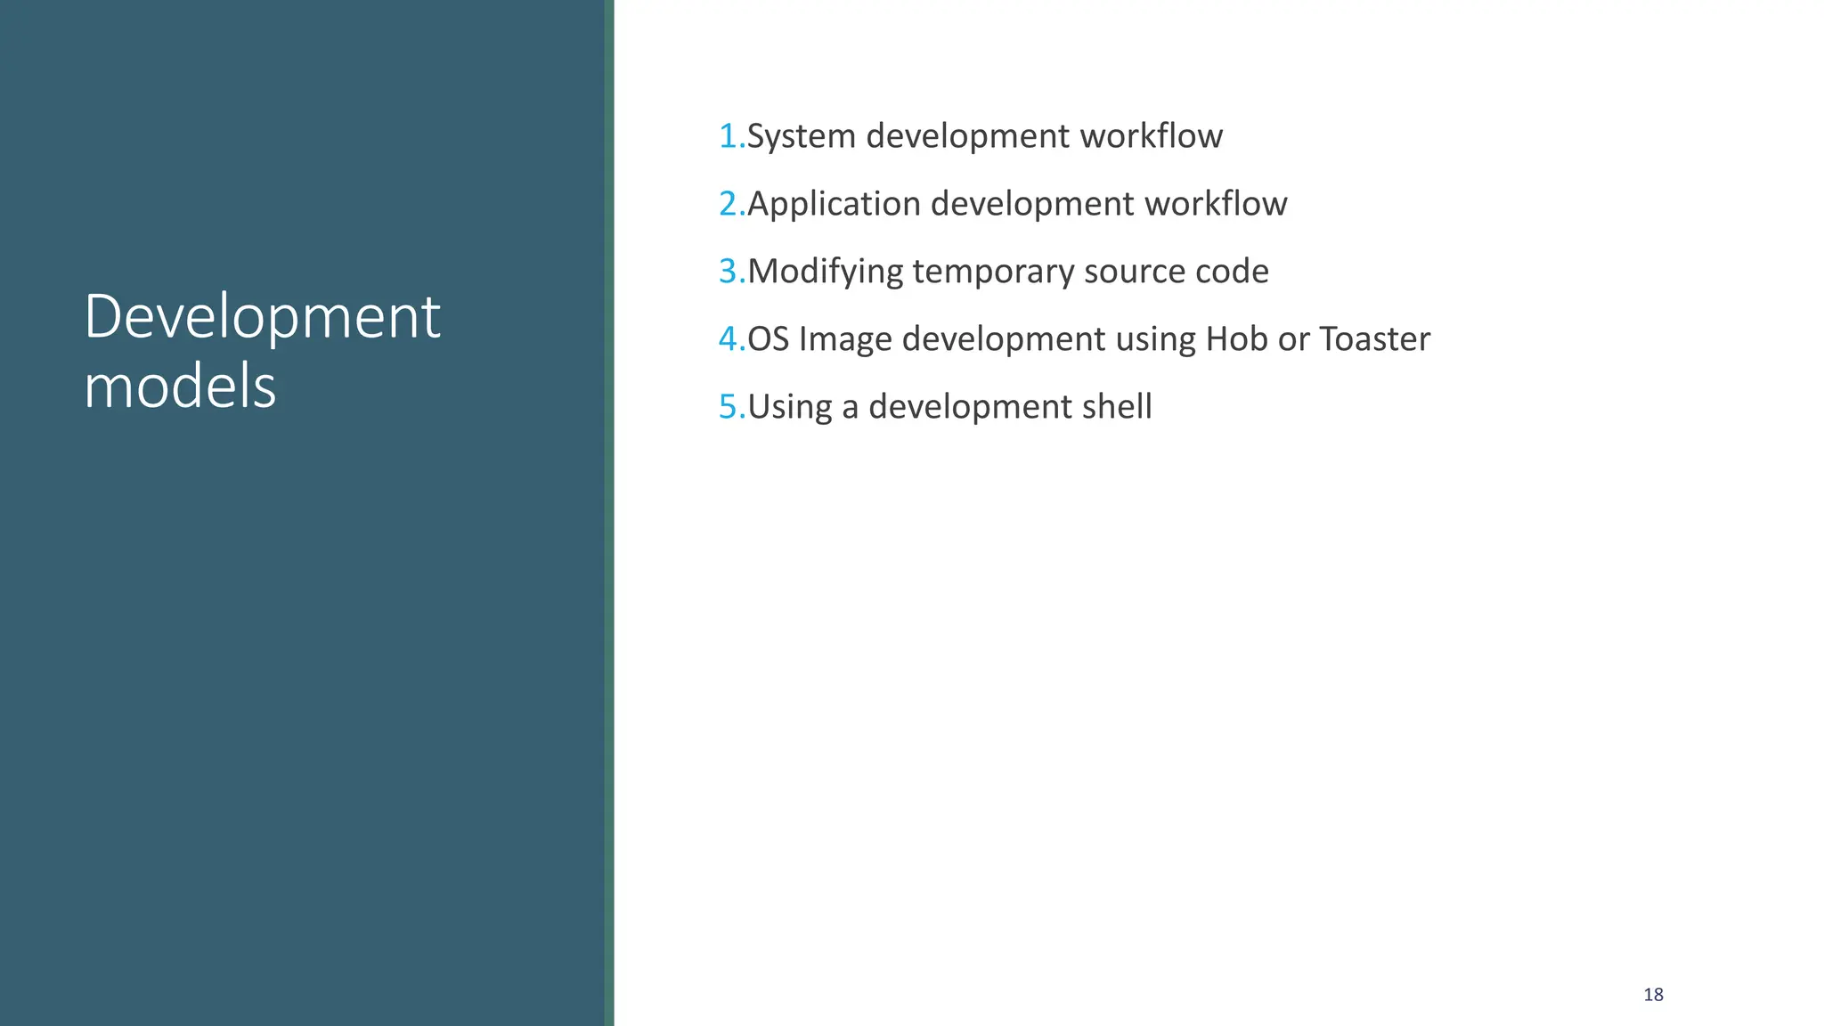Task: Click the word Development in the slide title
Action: point(262,317)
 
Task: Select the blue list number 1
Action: point(729,136)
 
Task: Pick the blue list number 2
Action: point(729,204)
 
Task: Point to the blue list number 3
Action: point(729,272)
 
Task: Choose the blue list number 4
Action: point(729,339)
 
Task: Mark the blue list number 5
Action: point(729,407)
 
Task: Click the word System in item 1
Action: point(801,136)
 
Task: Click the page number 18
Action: point(1653,995)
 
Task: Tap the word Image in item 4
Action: point(845,339)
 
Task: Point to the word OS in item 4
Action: point(768,339)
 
